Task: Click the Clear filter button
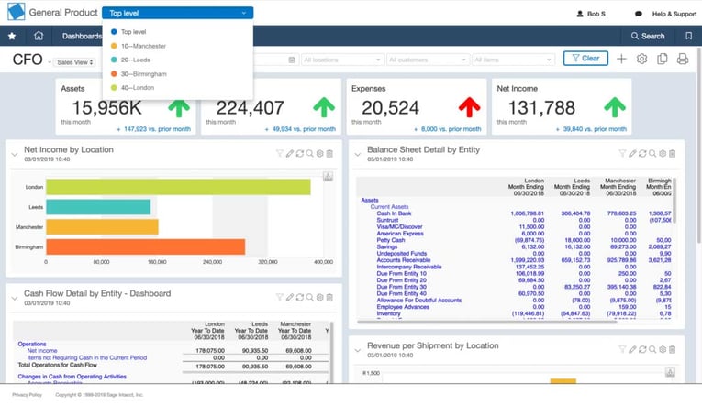[x=585, y=59]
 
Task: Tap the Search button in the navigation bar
[x=647, y=37]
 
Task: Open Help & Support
[x=674, y=14]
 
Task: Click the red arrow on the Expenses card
[x=469, y=106]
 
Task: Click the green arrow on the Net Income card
[x=614, y=106]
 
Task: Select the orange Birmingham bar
[x=145, y=246]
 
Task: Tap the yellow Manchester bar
[x=102, y=226]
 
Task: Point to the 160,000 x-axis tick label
[x=157, y=262]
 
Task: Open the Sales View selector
[x=74, y=62]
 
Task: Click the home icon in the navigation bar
[x=39, y=37]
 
